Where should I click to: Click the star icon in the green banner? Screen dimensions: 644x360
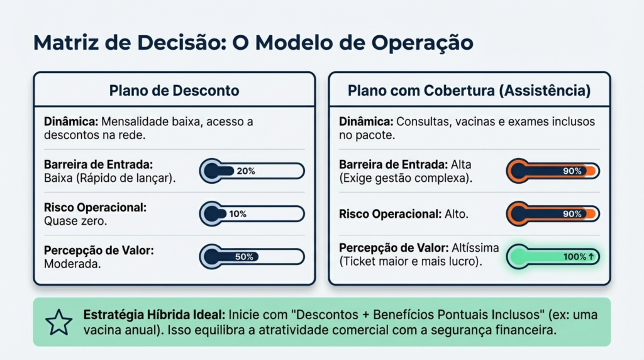click(58, 323)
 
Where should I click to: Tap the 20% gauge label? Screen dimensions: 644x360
click(246, 171)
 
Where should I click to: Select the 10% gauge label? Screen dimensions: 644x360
click(238, 214)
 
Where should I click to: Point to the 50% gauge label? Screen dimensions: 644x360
click(244, 257)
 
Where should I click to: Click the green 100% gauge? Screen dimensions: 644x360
click(553, 257)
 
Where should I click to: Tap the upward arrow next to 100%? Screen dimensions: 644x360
click(591, 256)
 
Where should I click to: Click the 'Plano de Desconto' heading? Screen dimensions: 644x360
click(174, 91)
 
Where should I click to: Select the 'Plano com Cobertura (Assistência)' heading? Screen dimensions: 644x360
click(469, 91)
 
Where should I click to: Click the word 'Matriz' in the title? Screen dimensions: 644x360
click(65, 42)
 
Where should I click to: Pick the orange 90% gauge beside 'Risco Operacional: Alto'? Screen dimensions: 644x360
click(553, 214)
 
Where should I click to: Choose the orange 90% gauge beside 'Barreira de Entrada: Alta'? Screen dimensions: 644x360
click(553, 171)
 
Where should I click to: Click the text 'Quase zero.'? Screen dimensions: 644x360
click(75, 221)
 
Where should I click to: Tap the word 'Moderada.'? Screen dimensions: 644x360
click(72, 264)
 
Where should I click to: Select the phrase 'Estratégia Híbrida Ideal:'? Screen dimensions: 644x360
click(154, 315)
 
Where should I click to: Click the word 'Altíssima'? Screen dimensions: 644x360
click(475, 248)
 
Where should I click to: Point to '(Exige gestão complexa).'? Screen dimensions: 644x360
click(406, 178)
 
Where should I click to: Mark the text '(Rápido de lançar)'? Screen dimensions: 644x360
click(125, 178)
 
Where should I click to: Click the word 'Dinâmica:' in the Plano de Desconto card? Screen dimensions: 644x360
click(71, 121)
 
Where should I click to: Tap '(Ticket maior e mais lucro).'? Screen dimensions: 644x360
click(411, 261)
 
